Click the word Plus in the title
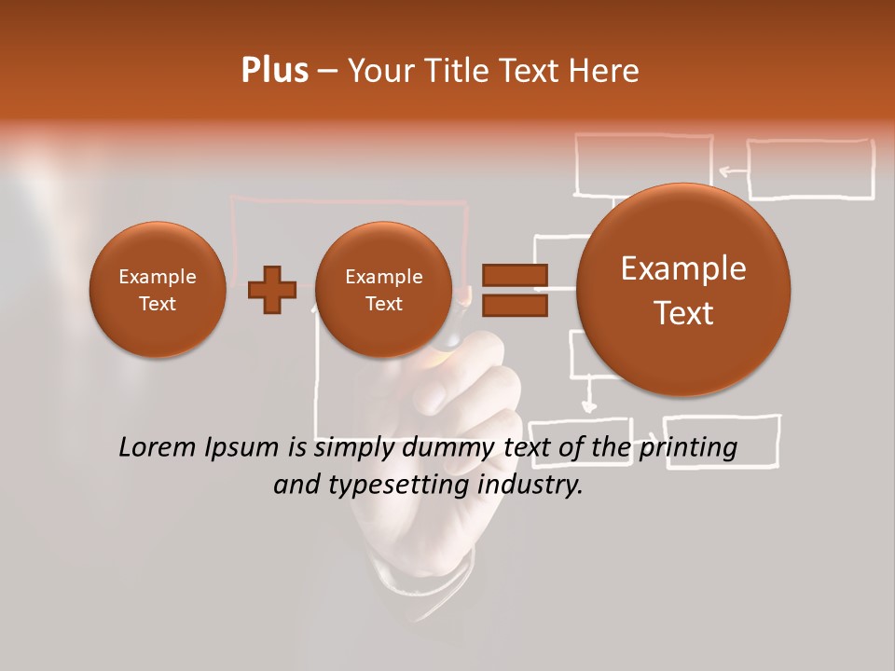[x=274, y=71]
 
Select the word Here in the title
[x=604, y=71]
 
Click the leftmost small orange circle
[x=157, y=290]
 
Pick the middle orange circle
[x=383, y=290]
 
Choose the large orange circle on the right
[x=683, y=290]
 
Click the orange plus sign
[x=272, y=290]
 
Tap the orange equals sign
[x=514, y=290]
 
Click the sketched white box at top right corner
[x=810, y=169]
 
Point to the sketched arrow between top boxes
[x=732, y=171]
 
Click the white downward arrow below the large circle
[x=587, y=396]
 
